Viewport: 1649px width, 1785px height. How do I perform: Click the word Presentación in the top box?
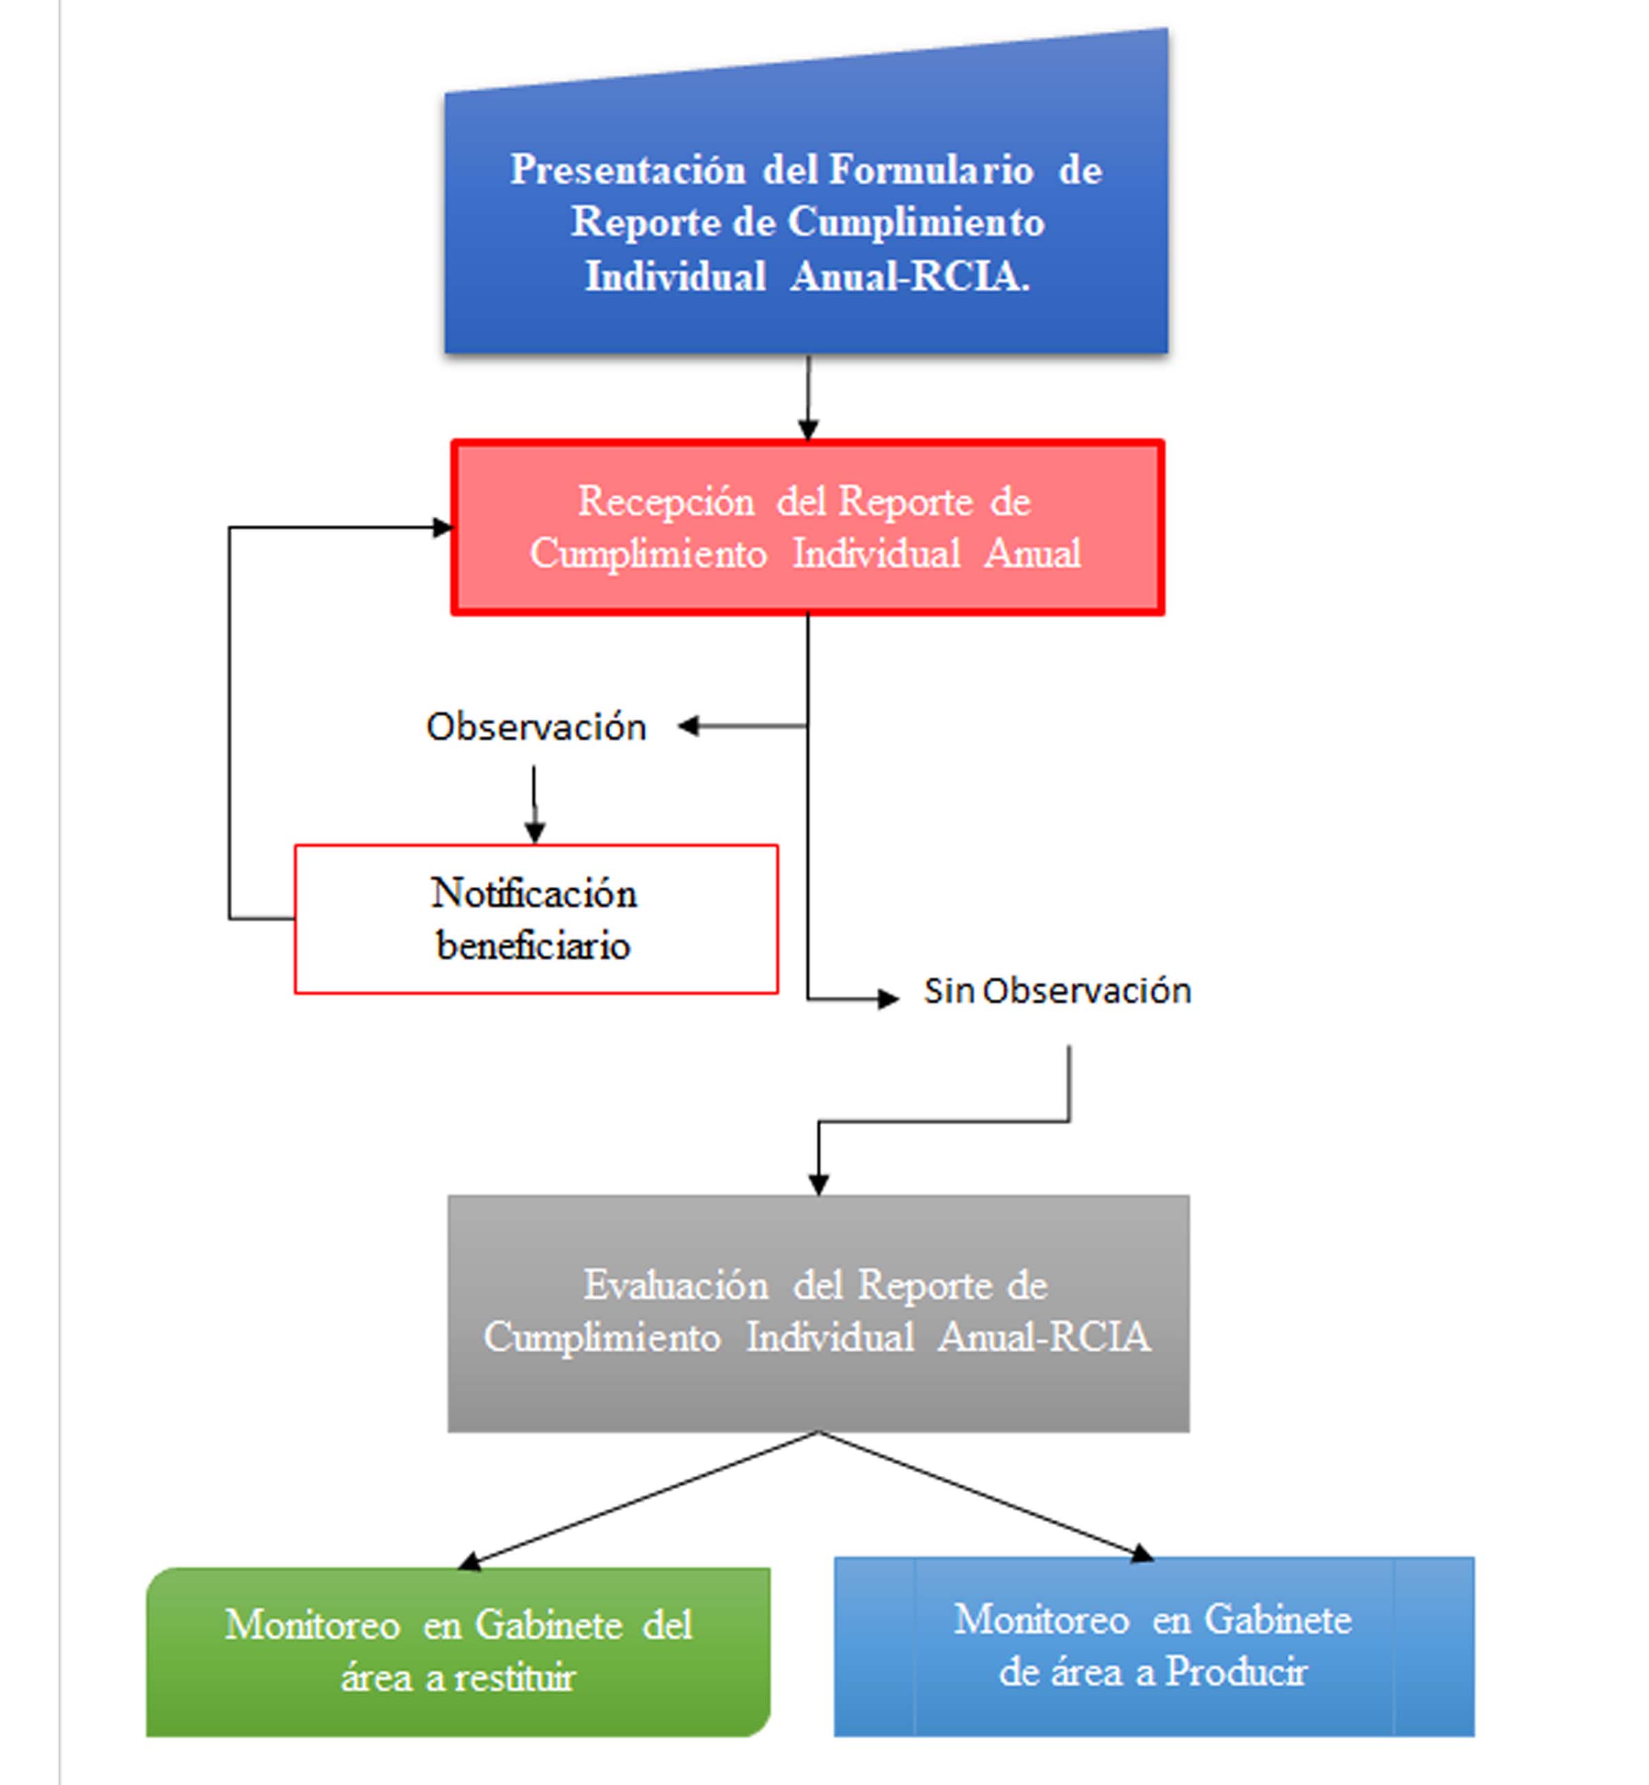[x=627, y=170]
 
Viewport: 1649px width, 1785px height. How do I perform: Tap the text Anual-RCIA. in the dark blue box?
[x=910, y=276]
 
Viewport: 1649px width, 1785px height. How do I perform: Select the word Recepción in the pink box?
[x=666, y=502]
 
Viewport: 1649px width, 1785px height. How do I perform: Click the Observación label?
[x=537, y=726]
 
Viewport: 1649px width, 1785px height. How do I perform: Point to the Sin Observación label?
[x=1057, y=990]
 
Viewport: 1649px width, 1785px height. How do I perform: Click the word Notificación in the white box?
[x=534, y=893]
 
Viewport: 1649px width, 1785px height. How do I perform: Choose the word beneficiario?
[x=534, y=945]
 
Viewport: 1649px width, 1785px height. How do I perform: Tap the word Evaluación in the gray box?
[x=675, y=1286]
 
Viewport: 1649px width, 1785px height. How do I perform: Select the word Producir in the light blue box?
[x=1236, y=1672]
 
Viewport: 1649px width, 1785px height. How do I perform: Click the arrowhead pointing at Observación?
[x=688, y=726]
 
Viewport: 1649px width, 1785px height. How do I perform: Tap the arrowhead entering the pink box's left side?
[x=443, y=527]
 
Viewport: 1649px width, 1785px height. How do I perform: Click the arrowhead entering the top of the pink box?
[x=809, y=430]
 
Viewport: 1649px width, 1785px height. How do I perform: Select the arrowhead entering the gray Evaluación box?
[x=818, y=1185]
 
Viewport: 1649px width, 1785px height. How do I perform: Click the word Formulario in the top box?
[x=932, y=170]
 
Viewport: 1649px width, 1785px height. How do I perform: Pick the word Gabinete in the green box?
[x=549, y=1626]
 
